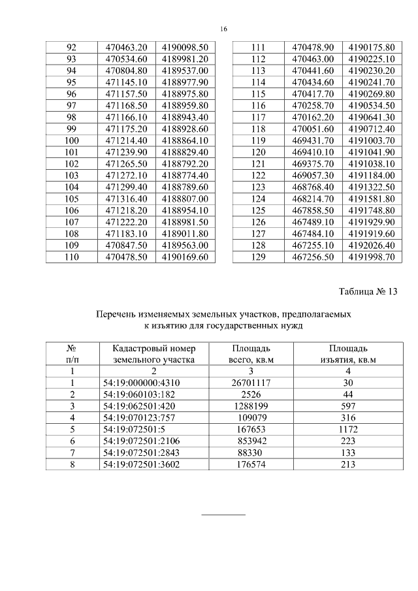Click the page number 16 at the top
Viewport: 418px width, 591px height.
pyautogui.click(x=223, y=29)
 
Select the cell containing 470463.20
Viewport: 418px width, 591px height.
pyautogui.click(x=127, y=48)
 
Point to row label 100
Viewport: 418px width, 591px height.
pyautogui.click(x=72, y=140)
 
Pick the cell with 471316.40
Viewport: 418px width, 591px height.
pyautogui.click(x=127, y=199)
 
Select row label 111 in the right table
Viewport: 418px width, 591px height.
pyautogui.click(x=257, y=48)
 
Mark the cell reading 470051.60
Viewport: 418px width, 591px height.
pyautogui.click(x=313, y=129)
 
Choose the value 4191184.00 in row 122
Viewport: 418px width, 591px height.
pyautogui.click(x=371, y=176)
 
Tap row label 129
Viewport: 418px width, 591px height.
pyautogui.click(x=257, y=257)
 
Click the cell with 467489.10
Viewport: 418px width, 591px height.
pyautogui.click(x=313, y=222)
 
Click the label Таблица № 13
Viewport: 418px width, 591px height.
pyautogui.click(x=368, y=291)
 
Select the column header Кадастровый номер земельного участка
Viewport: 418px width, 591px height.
pyautogui.click(x=150, y=353)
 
